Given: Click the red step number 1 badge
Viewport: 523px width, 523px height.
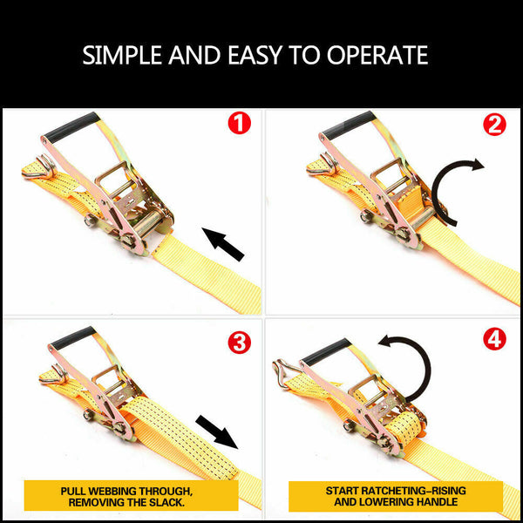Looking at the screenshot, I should point(238,124).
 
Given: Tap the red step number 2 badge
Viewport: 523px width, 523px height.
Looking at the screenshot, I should point(494,124).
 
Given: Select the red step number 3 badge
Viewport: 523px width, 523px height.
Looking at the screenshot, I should point(238,343).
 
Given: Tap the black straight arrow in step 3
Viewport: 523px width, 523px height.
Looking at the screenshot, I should point(216,432).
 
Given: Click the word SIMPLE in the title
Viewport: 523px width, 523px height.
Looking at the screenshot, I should point(123,56).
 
